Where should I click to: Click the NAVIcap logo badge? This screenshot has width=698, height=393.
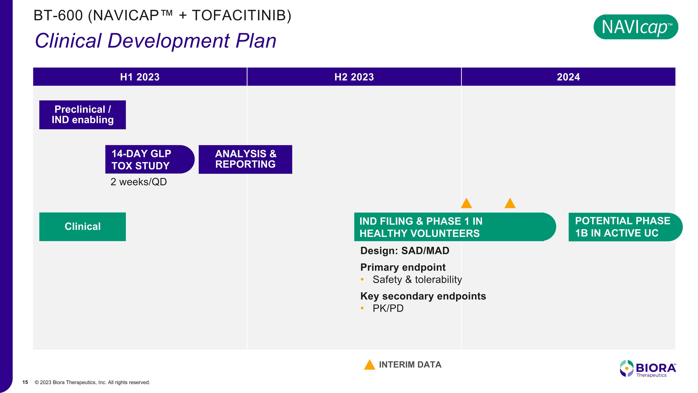pyautogui.click(x=636, y=27)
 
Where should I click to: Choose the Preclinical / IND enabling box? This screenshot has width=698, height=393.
pyautogui.click(x=83, y=115)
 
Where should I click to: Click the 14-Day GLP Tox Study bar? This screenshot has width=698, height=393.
pyautogui.click(x=150, y=159)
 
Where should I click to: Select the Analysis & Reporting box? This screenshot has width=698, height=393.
pyautogui.click(x=245, y=159)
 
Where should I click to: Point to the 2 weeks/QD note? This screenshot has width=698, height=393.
pyautogui.click(x=138, y=182)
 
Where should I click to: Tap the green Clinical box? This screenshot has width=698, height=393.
pyautogui.click(x=83, y=226)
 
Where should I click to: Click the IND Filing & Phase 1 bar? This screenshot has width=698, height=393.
pyautogui.click(x=455, y=227)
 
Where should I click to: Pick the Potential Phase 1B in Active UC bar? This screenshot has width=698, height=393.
pyautogui.click(x=625, y=227)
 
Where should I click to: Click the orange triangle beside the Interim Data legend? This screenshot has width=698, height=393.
pyautogui.click(x=369, y=365)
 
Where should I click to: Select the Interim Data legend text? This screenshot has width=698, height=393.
pyautogui.click(x=410, y=365)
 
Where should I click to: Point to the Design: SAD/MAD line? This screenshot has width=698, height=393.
pyautogui.click(x=405, y=251)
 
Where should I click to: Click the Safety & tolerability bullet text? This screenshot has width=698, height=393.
pyautogui.click(x=417, y=279)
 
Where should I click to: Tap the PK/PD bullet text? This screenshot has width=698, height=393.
pyautogui.click(x=388, y=308)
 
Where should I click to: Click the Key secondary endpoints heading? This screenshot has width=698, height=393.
pyautogui.click(x=423, y=296)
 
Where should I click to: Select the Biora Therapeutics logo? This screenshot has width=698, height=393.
pyautogui.click(x=648, y=369)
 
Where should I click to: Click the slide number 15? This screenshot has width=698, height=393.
pyautogui.click(x=25, y=382)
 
